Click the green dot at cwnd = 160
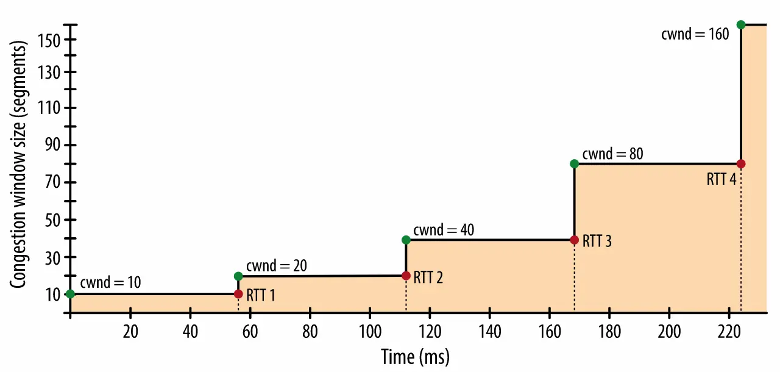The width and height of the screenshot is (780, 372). (x=740, y=24)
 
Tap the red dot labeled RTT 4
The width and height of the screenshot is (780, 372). (x=740, y=163)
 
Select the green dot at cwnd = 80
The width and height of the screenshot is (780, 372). (x=574, y=163)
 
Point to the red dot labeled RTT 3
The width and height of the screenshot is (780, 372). (x=574, y=240)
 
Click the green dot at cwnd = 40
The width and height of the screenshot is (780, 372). (x=406, y=240)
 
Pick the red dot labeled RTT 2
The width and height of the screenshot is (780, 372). (x=406, y=276)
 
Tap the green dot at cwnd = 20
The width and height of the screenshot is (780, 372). (x=238, y=276)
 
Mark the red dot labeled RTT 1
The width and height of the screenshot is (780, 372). (x=238, y=294)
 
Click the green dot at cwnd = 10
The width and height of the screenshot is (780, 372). (x=70, y=294)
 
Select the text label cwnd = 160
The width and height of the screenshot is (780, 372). (x=695, y=34)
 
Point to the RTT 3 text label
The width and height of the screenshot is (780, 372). (x=597, y=241)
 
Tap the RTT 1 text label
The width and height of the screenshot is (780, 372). (x=261, y=296)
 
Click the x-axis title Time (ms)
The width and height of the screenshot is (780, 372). (x=415, y=356)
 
